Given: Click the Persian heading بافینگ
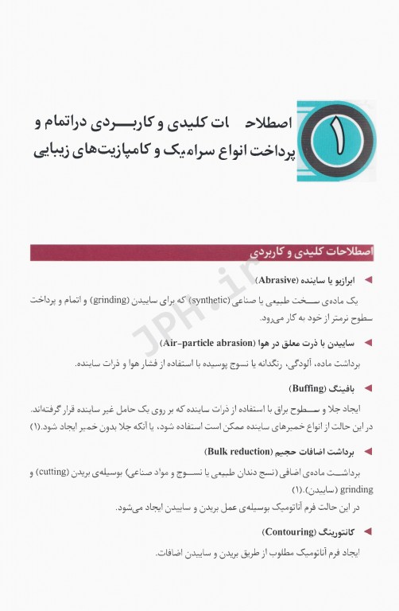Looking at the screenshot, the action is point(344,389).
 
